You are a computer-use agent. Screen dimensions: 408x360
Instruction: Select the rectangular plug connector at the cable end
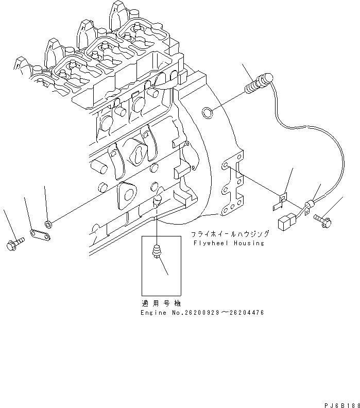pos(284,223)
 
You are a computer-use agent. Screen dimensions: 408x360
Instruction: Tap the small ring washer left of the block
pos(48,224)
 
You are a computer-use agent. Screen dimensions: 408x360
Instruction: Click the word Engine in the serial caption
pos(153,313)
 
